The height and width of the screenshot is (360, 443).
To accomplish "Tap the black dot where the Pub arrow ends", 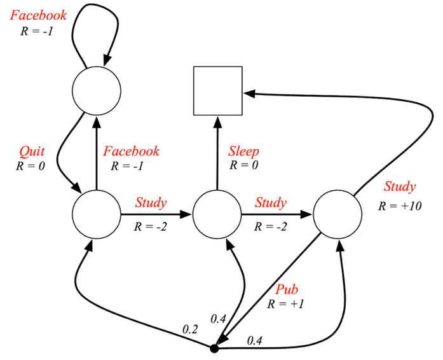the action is click(x=214, y=349).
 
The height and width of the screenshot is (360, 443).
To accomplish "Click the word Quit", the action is click(x=32, y=152).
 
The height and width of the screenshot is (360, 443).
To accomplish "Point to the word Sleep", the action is click(x=243, y=151).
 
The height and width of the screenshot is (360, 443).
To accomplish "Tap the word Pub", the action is click(x=287, y=289).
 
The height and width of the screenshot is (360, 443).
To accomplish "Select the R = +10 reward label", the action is click(x=400, y=206).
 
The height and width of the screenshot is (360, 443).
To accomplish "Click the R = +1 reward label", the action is click(x=285, y=304).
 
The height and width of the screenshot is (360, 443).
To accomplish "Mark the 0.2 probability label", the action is click(x=190, y=329).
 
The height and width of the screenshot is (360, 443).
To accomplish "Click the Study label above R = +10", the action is click(x=400, y=187).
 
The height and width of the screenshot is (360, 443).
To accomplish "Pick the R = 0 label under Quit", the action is click(x=31, y=166).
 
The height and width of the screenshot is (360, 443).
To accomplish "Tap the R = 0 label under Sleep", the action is click(x=244, y=165).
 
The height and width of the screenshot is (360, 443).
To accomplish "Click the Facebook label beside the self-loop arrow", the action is click(x=38, y=15).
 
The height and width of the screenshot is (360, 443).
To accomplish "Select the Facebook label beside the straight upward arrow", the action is click(x=131, y=151).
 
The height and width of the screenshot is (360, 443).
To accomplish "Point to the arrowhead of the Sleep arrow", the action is click(x=218, y=121).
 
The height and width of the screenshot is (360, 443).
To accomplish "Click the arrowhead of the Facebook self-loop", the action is click(x=107, y=60).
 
